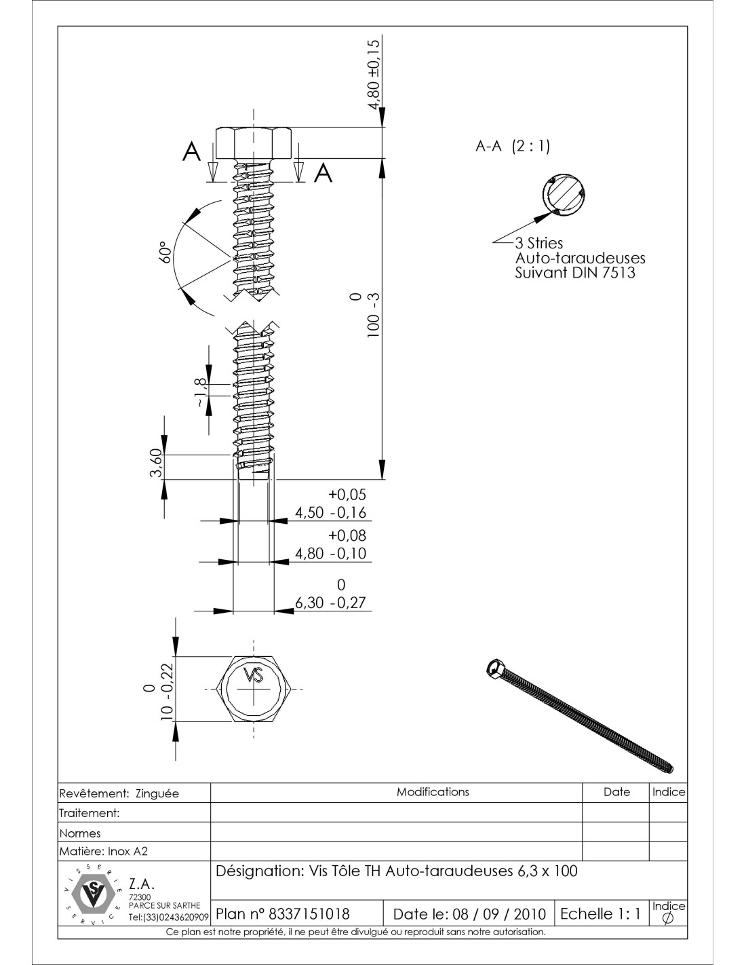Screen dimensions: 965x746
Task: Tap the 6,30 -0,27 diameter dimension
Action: tap(332, 602)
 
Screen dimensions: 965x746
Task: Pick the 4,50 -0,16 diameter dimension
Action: tap(330, 512)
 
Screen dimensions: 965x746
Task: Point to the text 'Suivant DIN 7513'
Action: tap(575, 273)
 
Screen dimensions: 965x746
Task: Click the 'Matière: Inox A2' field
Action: tap(104, 851)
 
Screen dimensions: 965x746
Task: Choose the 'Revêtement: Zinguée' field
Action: tap(119, 793)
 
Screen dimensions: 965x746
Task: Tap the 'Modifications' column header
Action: tap(433, 792)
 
